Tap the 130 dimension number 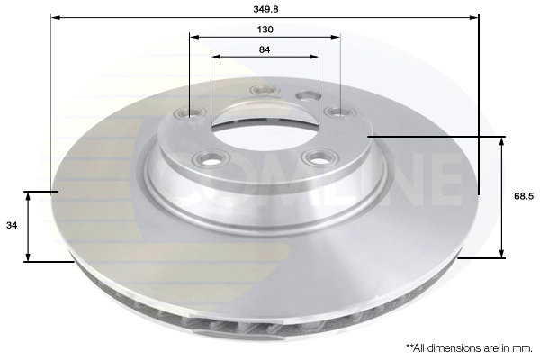point(265,29)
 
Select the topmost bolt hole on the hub point(265,90)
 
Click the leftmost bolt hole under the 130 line point(191,113)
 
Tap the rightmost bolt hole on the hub point(339,112)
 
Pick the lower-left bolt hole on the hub point(213,159)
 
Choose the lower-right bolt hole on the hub point(317,158)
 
